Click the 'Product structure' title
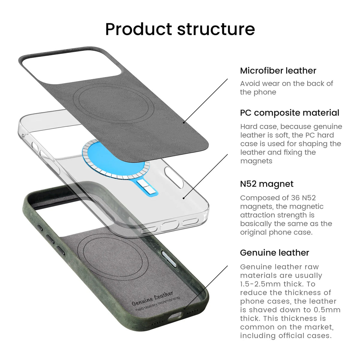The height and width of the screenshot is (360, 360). tap(180, 29)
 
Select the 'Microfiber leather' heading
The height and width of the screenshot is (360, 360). tap(278, 70)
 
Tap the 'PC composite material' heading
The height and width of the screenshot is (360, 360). tap(289, 113)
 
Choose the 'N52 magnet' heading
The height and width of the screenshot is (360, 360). tap(267, 184)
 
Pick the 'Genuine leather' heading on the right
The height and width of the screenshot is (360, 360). tap(274, 253)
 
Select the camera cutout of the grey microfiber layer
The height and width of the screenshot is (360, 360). tap(72, 67)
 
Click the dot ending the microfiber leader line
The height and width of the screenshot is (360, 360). tap(184, 123)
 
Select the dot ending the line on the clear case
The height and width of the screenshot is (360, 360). tap(184, 198)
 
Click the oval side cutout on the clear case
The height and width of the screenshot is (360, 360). tap(174, 178)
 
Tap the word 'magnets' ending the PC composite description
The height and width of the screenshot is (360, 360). tap(256, 161)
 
